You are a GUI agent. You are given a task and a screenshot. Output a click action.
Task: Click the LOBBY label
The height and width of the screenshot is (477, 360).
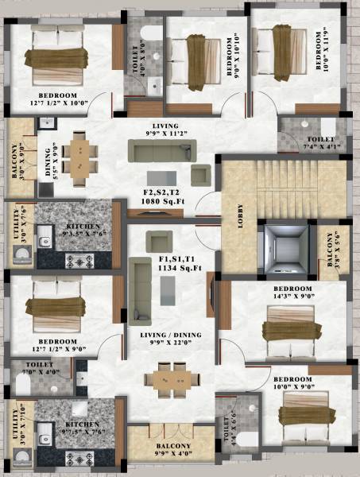[242, 217]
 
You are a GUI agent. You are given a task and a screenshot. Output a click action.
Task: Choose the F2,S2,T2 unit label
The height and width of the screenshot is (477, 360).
[163, 192]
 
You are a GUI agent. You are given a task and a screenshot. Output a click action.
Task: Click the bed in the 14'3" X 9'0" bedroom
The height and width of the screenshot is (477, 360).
[289, 326]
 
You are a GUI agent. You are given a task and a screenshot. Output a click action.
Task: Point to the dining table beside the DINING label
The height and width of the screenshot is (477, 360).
[79, 155]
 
